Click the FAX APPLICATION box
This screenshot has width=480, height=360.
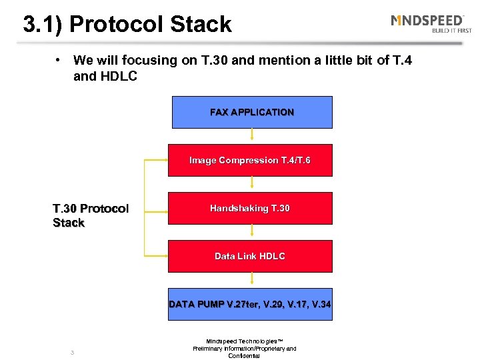pos(251,112)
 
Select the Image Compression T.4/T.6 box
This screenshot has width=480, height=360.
pos(249,160)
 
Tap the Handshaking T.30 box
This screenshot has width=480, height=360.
pos(249,208)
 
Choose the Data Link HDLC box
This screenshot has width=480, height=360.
pos(249,256)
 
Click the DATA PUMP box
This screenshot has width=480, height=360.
pos(249,304)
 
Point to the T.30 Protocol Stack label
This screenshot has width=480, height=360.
pos(90,216)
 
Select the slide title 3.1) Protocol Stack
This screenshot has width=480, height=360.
pos(127,25)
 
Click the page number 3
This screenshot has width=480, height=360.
pos(72,352)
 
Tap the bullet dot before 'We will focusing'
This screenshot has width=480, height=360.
pos(59,60)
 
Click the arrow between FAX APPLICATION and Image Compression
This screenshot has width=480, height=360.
pos(252,136)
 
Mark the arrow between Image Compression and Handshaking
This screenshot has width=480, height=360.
pos(252,184)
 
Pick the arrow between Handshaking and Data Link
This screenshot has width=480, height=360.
pos(252,232)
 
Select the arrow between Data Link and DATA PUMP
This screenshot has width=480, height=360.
pos(252,280)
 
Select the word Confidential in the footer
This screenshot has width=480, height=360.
pos(244,356)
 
